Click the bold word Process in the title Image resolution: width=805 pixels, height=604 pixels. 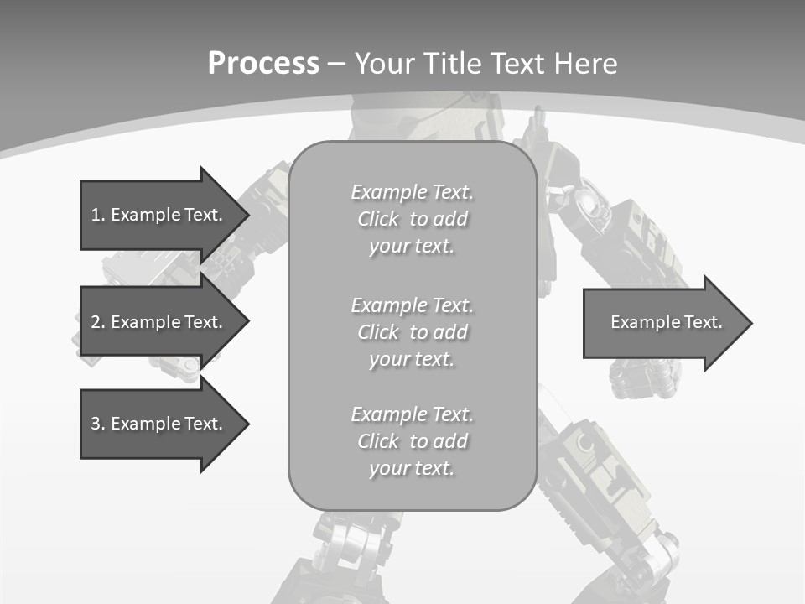pos(263,64)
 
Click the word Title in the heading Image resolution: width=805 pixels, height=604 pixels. pos(454,64)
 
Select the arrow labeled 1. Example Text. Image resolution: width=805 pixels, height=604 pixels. pos(159,215)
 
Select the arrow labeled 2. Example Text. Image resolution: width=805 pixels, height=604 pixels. pos(159,322)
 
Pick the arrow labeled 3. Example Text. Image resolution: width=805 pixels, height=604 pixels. pos(159,424)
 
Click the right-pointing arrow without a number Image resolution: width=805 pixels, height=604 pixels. pos(662,322)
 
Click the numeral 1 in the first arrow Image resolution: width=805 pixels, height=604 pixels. pos(96,215)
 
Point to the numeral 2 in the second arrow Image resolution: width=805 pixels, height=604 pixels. pos(96,322)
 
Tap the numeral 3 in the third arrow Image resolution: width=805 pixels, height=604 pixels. pos(96,424)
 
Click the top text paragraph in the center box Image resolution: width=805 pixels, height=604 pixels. pos(412,219)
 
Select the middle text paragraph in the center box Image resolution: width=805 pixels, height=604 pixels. pos(412,332)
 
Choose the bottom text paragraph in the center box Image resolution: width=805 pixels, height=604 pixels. pos(412,441)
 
